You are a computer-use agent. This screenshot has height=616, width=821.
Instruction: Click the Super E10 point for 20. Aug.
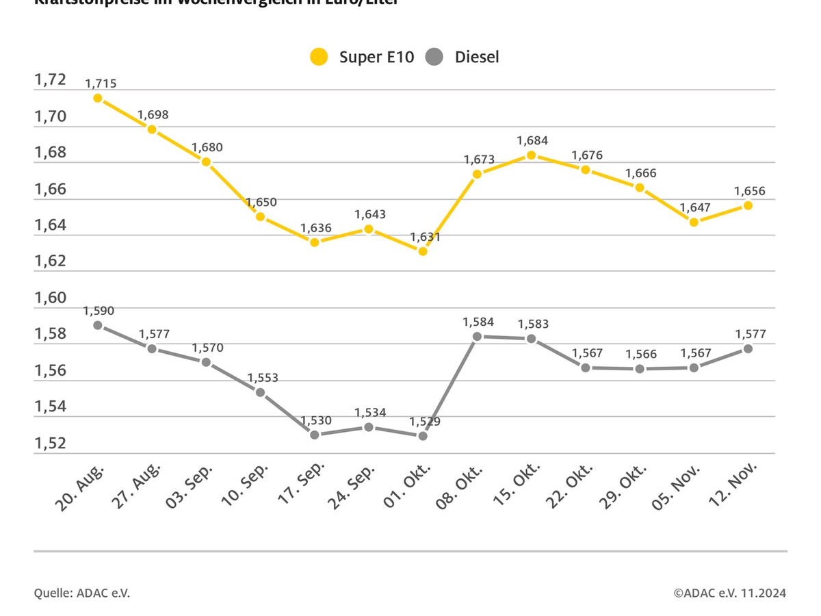(98, 98)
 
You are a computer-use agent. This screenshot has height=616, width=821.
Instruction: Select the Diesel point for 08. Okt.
(477, 336)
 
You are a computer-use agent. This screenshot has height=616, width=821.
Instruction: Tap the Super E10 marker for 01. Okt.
(423, 251)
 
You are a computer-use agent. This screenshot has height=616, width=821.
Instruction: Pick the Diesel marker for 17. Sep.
(315, 435)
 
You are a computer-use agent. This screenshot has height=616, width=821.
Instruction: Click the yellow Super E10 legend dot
(319, 57)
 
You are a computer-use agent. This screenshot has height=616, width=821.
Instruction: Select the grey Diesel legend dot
(434, 57)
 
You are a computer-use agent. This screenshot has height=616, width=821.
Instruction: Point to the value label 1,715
(101, 84)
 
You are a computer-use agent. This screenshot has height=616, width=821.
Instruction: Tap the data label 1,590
(99, 311)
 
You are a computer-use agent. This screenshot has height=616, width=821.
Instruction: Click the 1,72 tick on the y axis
(50, 80)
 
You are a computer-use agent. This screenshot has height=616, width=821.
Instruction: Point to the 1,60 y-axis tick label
(50, 298)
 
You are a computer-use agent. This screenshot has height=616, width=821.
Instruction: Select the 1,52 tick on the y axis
(50, 444)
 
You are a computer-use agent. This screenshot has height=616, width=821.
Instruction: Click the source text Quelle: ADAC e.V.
(81, 593)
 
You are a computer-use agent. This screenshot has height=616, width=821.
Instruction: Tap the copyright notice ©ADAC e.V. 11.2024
(729, 593)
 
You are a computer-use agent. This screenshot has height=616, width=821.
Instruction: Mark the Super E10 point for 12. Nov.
(748, 205)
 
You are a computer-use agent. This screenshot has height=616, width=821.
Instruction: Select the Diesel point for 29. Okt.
(640, 369)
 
